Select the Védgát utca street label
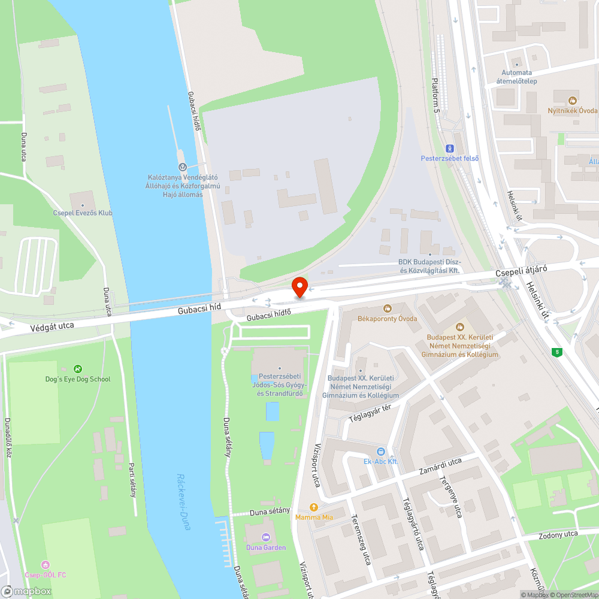pos(52,327)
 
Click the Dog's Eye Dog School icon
pos(77,369)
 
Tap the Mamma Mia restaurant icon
pos(313,507)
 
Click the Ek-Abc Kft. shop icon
pos(381,451)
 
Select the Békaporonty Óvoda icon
pos(387,308)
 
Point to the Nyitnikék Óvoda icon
pos(573,101)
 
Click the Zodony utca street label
pos(558,534)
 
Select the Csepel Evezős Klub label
pos(83,213)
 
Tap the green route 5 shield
pos(558,352)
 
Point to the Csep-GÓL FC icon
pos(46,564)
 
